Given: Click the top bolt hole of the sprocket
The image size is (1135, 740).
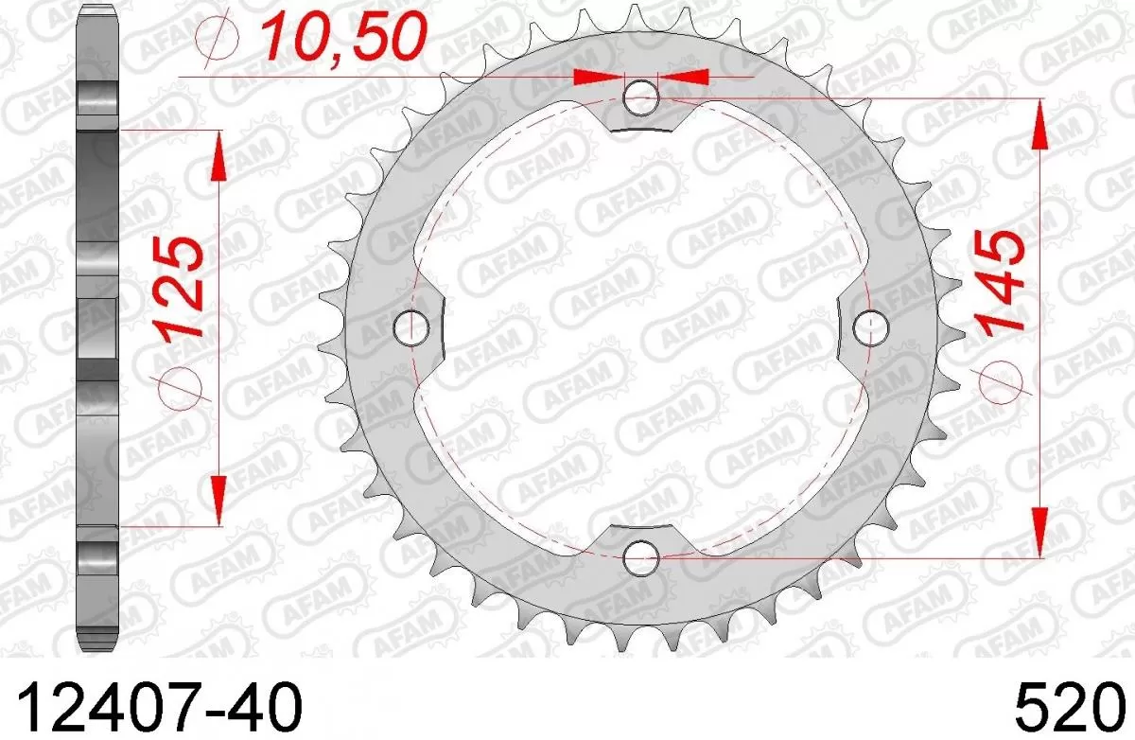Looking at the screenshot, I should [642, 96].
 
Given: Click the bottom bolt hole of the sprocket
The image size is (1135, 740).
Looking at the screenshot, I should [642, 556].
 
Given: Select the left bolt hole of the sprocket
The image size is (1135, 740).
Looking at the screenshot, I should [411, 327].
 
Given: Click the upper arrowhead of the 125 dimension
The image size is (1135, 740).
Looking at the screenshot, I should [218, 155].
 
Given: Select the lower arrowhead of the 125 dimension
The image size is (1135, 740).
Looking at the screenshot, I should [218, 500].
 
